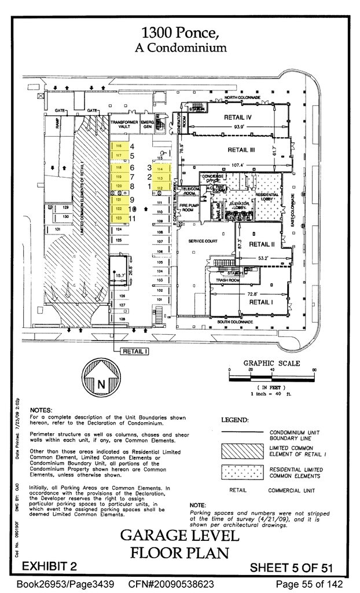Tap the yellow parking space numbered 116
pos(119,146)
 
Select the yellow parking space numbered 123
pos(119,218)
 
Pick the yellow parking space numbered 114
pos(160,169)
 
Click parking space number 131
pos(58,230)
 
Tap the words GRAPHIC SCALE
pos(271,363)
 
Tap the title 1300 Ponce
pos(179,32)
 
